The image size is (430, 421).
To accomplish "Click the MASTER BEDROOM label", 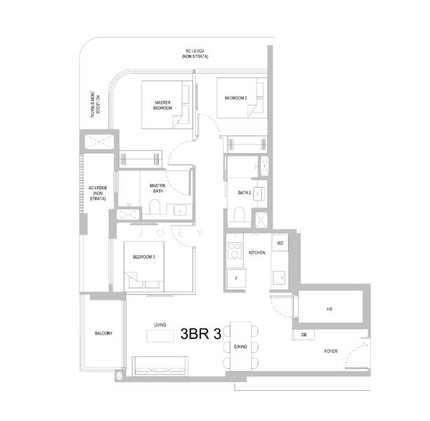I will click(x=163, y=105).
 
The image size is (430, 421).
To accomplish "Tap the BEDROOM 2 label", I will click(x=236, y=98).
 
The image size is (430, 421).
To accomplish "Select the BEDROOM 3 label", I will click(x=144, y=257).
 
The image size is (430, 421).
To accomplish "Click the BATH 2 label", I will click(x=244, y=192).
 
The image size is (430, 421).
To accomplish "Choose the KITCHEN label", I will click(x=257, y=252).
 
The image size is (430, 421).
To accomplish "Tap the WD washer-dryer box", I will click(x=279, y=243).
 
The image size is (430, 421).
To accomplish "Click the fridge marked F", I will click(x=236, y=279).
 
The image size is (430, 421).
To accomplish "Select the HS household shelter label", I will click(x=329, y=308).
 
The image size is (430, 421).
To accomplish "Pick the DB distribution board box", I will click(x=304, y=335).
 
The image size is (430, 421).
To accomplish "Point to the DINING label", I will click(x=241, y=347).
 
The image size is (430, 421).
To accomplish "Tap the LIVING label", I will click(x=160, y=325).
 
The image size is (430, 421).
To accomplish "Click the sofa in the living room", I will click(x=160, y=364).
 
